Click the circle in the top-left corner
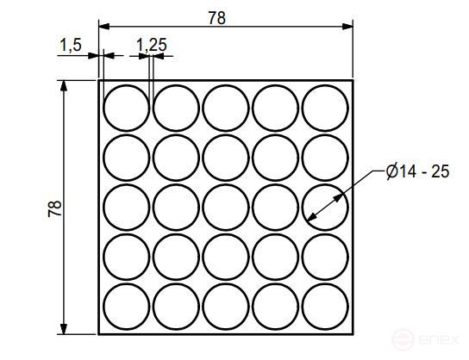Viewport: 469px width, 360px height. tap(126, 108)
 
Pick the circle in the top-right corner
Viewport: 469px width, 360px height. tap(326, 108)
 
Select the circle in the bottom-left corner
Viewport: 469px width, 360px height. tap(126, 307)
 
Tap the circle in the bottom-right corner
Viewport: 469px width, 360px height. tap(326, 307)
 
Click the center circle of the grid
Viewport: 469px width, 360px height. tap(226, 208)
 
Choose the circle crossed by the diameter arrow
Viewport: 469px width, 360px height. tap(326, 208)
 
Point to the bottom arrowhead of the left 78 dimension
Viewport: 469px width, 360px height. tap(65, 329)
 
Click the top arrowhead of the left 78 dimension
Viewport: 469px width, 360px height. tap(65, 85)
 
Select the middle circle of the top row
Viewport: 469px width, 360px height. tap(226, 108)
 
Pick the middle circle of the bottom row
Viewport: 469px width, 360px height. tap(226, 307)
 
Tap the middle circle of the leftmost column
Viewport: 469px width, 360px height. tap(126, 208)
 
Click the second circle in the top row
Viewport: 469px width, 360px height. tap(176, 108)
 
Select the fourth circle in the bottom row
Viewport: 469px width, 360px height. tap(276, 307)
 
